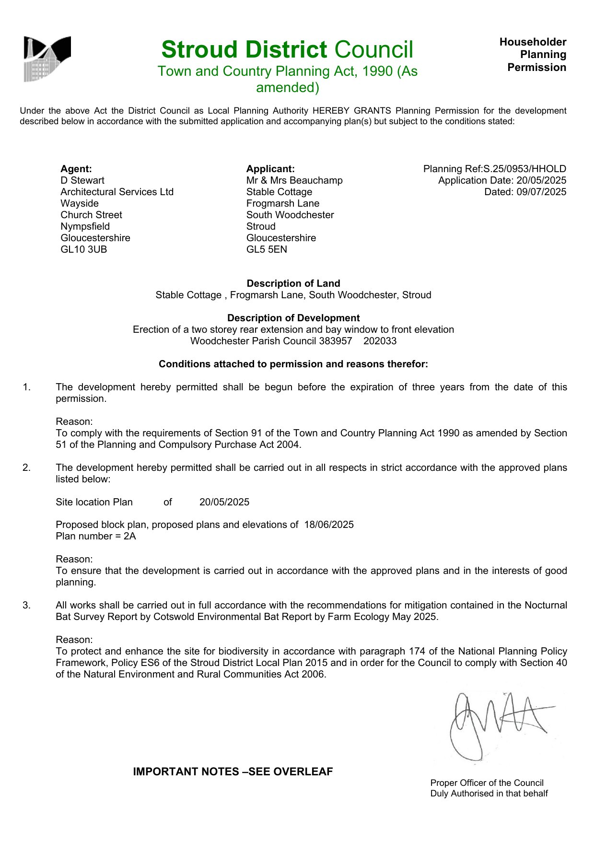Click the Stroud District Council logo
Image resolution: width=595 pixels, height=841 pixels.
tap(47, 58)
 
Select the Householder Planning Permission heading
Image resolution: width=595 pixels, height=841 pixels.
tap(533, 55)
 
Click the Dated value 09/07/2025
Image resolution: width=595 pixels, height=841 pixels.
tap(541, 192)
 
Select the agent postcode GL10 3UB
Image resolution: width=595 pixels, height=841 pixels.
tap(84, 249)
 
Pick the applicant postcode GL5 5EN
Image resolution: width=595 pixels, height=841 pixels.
tap(267, 249)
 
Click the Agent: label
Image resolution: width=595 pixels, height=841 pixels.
tap(76, 169)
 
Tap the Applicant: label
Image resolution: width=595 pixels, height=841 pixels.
tap(270, 169)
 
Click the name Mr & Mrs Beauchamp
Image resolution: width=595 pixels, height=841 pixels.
tap(294, 180)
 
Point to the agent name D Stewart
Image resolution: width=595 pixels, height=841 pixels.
tap(82, 180)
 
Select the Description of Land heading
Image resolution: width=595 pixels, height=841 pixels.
tap(293, 283)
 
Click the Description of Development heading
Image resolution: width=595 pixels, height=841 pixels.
tap(293, 318)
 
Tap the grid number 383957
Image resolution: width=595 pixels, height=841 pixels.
tap(336, 341)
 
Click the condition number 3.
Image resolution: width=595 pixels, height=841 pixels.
tap(26, 605)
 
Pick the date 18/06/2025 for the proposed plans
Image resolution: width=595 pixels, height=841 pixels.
tap(329, 525)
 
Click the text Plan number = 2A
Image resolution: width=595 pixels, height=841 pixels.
tap(96, 536)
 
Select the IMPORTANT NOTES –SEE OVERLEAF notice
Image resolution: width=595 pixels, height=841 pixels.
tap(233, 771)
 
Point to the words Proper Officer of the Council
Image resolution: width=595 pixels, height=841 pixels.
tap(487, 783)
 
